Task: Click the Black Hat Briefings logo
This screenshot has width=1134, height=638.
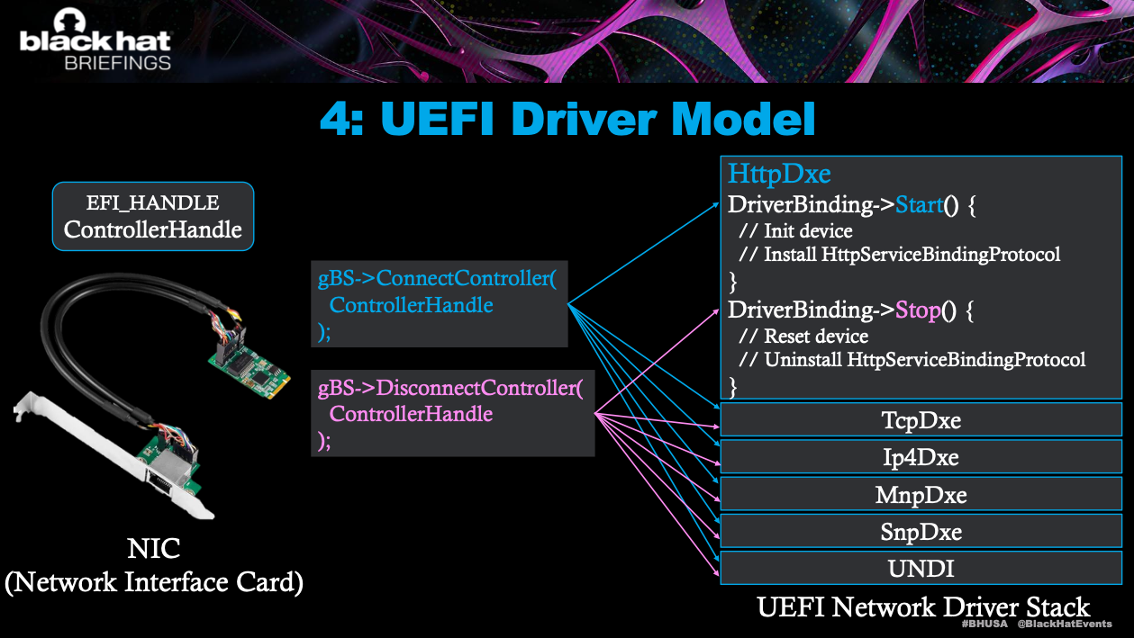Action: (x=95, y=42)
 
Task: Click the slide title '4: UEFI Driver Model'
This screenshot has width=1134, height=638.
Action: (x=567, y=120)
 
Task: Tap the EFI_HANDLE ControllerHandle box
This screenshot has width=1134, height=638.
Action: (x=153, y=216)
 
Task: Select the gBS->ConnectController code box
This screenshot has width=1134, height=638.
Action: (x=439, y=305)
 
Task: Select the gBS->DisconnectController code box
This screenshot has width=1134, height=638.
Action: (x=452, y=414)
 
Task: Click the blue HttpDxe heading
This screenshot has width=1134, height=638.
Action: (x=779, y=173)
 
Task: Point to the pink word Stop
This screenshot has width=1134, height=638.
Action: (x=918, y=310)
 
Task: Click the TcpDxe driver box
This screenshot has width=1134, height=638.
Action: (x=920, y=420)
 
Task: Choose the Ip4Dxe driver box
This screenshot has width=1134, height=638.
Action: (x=920, y=457)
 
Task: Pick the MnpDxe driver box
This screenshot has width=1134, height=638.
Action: (x=920, y=495)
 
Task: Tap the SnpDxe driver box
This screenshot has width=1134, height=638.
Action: (x=920, y=532)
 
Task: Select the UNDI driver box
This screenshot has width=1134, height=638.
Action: (x=920, y=569)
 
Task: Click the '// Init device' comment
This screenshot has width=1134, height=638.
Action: (x=795, y=231)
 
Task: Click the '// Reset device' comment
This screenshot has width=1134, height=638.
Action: (x=803, y=337)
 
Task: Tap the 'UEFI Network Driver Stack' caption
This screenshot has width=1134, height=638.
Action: (x=923, y=607)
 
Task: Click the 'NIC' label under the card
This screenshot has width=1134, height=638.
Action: (x=153, y=549)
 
